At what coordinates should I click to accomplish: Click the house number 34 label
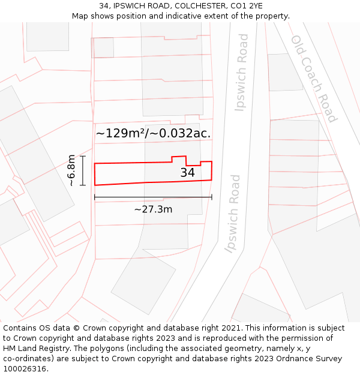tap(188, 173)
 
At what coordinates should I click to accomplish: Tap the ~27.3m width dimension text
tap(153, 209)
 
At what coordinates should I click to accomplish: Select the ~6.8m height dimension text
tap(71, 171)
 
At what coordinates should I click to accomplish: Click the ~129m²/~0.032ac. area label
tap(154, 133)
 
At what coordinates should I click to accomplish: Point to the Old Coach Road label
tap(314, 78)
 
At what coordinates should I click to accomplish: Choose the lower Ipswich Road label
tap(233, 214)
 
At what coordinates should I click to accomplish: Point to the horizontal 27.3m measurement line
tap(153, 197)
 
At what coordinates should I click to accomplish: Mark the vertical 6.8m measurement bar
tap(83, 171)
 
